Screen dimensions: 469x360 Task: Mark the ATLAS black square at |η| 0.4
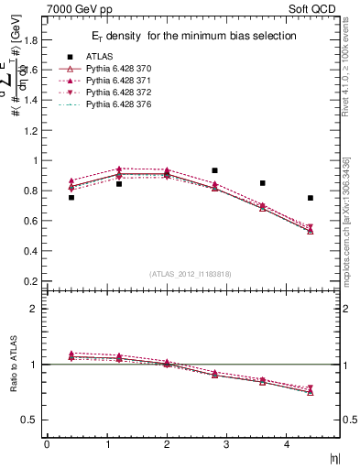71,197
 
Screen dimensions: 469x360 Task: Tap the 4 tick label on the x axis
287,444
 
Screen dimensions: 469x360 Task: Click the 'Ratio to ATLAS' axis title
12,365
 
